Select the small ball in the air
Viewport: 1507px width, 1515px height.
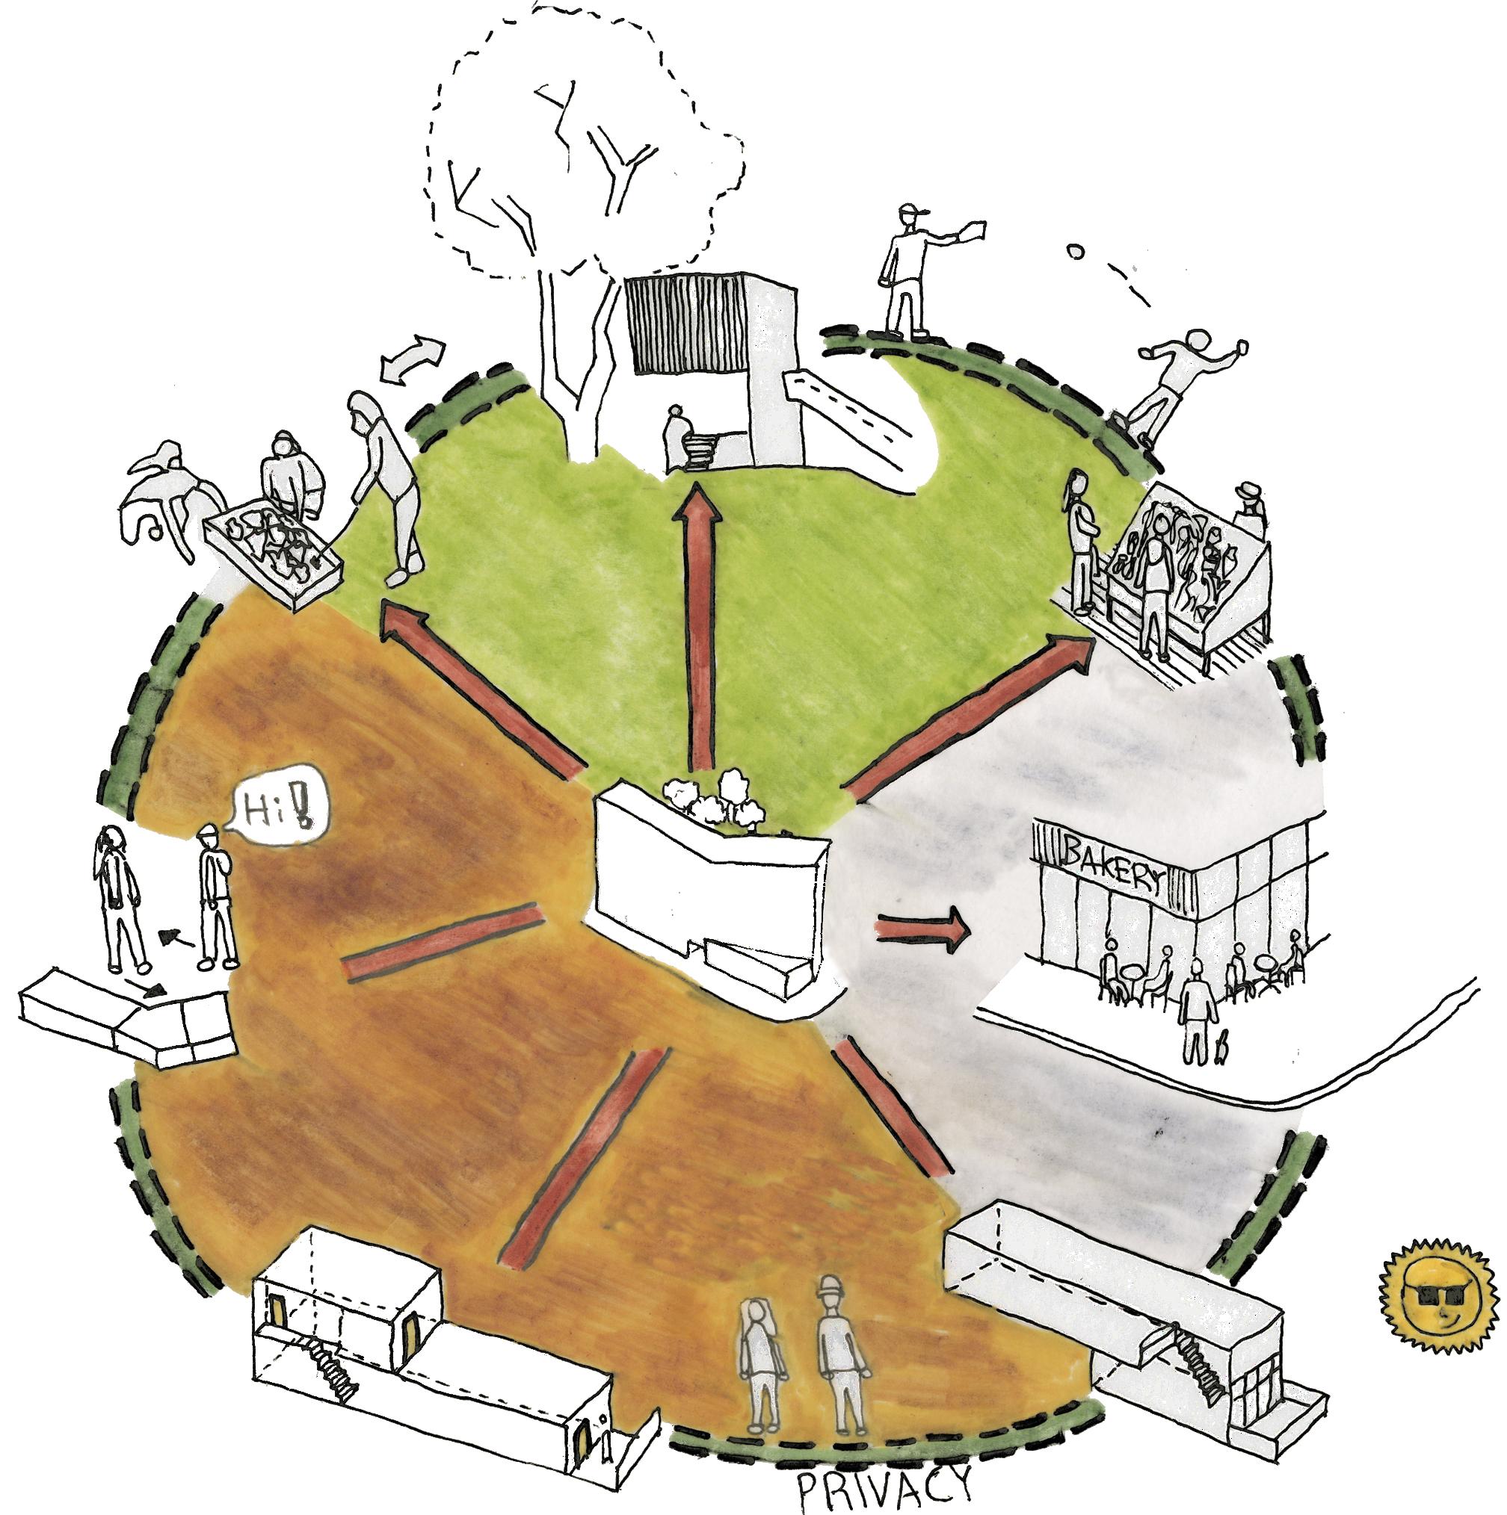[x=1075, y=252]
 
